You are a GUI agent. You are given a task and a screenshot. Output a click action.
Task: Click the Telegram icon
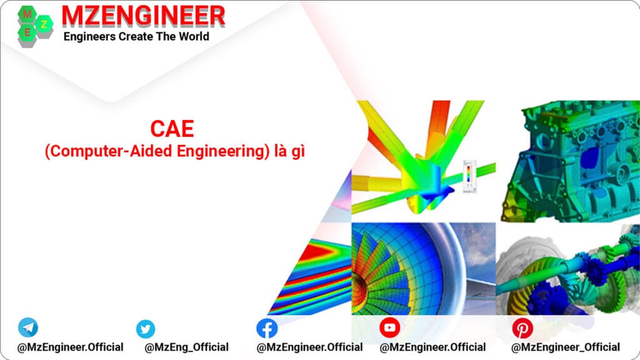[x=27, y=327]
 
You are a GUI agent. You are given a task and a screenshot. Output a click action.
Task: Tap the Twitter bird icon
[x=146, y=329]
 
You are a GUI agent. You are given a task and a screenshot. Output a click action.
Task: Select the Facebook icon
[x=267, y=328]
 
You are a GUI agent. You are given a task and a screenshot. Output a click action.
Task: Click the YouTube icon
[x=390, y=327]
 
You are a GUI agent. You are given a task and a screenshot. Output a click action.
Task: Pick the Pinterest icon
[x=522, y=328]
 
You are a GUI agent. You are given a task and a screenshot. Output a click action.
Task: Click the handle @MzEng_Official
[x=186, y=347]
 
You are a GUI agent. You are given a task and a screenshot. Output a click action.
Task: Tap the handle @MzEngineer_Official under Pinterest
[x=565, y=347]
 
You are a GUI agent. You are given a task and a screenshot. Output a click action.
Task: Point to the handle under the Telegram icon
[x=70, y=347]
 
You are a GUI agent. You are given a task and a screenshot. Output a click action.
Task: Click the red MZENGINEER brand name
[x=144, y=16]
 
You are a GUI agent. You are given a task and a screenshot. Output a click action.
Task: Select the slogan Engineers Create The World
[x=136, y=36]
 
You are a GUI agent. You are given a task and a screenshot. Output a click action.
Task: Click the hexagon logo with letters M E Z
[x=34, y=24]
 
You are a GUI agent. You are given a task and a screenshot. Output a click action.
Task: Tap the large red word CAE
[x=172, y=129]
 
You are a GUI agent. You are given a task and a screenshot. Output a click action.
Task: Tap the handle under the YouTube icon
[x=432, y=347]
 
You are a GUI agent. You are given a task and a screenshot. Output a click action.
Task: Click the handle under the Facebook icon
[x=309, y=347]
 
